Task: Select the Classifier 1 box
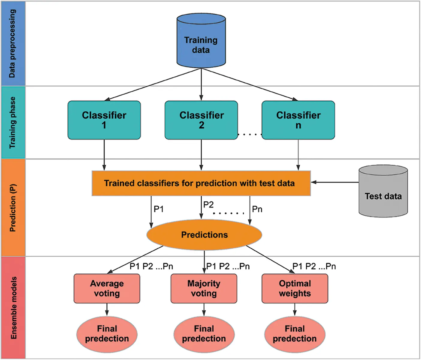tap(104, 120)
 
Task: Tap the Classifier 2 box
tap(201, 120)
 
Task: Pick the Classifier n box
tap(298, 120)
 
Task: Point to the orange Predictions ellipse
tap(204, 235)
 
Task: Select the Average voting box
tap(107, 288)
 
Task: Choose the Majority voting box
tap(204, 288)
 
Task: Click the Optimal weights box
tap(295, 288)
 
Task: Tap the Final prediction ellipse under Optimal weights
tap(295, 334)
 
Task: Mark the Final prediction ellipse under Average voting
tap(107, 334)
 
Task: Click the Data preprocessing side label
tap(13, 44)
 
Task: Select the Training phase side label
tap(13, 122)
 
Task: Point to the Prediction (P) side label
tap(13, 208)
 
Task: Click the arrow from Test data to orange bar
tap(334, 182)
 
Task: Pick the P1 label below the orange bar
tap(159, 209)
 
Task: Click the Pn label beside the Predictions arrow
tap(257, 209)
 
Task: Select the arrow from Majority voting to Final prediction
tap(204, 309)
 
